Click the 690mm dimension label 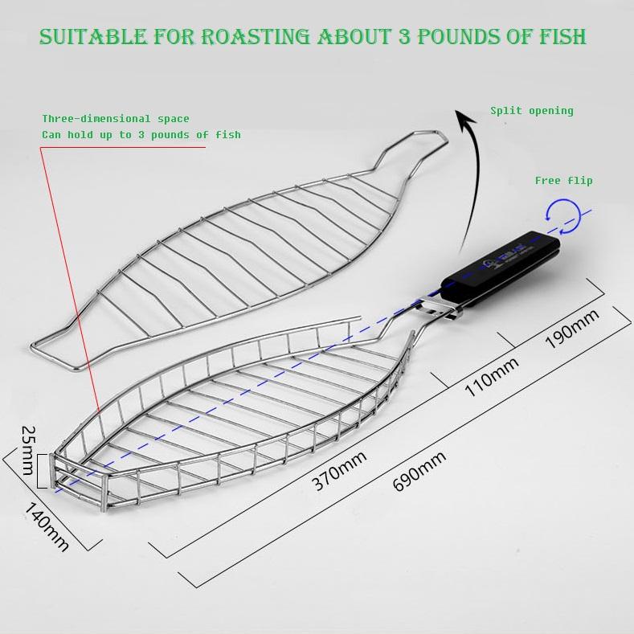pyautogui.click(x=419, y=472)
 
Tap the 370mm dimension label pyautogui.click(x=340, y=471)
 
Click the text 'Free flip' pyautogui.click(x=563, y=181)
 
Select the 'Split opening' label pyautogui.click(x=532, y=111)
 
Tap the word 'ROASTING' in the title pyautogui.click(x=249, y=36)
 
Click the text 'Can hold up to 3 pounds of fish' pyautogui.click(x=141, y=134)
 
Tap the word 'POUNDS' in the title pyautogui.click(x=447, y=36)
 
